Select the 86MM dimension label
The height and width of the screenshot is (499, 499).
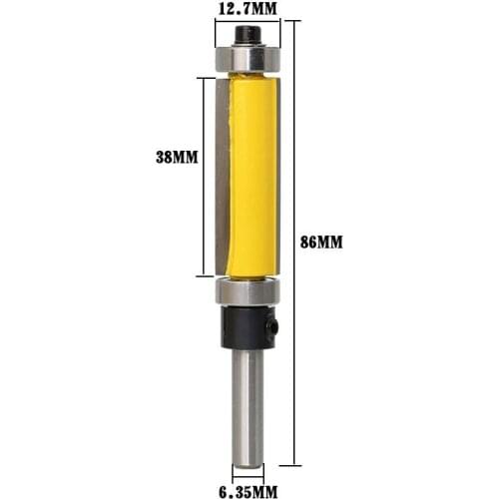(321, 242)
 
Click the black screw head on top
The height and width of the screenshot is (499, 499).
(247, 35)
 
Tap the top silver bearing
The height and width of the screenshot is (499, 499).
(247, 59)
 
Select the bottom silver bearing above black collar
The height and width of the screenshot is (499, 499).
(247, 292)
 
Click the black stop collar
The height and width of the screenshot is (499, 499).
(247, 326)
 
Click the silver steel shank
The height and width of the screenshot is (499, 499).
(247, 404)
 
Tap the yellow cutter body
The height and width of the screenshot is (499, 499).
(251, 175)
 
